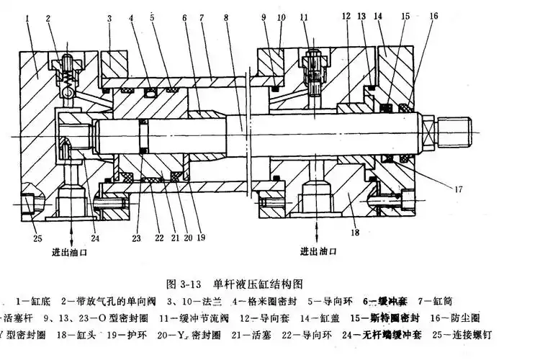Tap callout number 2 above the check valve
click(48, 16)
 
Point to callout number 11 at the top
click(304, 16)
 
